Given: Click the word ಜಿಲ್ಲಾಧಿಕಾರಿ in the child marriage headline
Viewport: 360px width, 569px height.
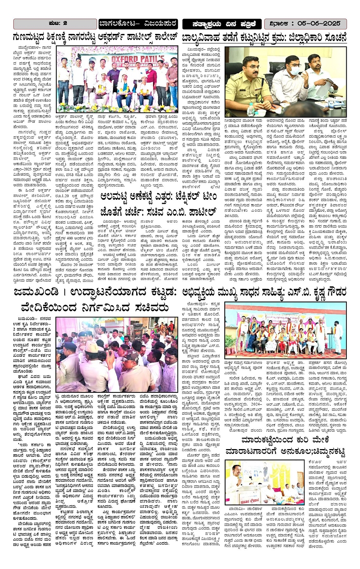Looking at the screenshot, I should [299, 37].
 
